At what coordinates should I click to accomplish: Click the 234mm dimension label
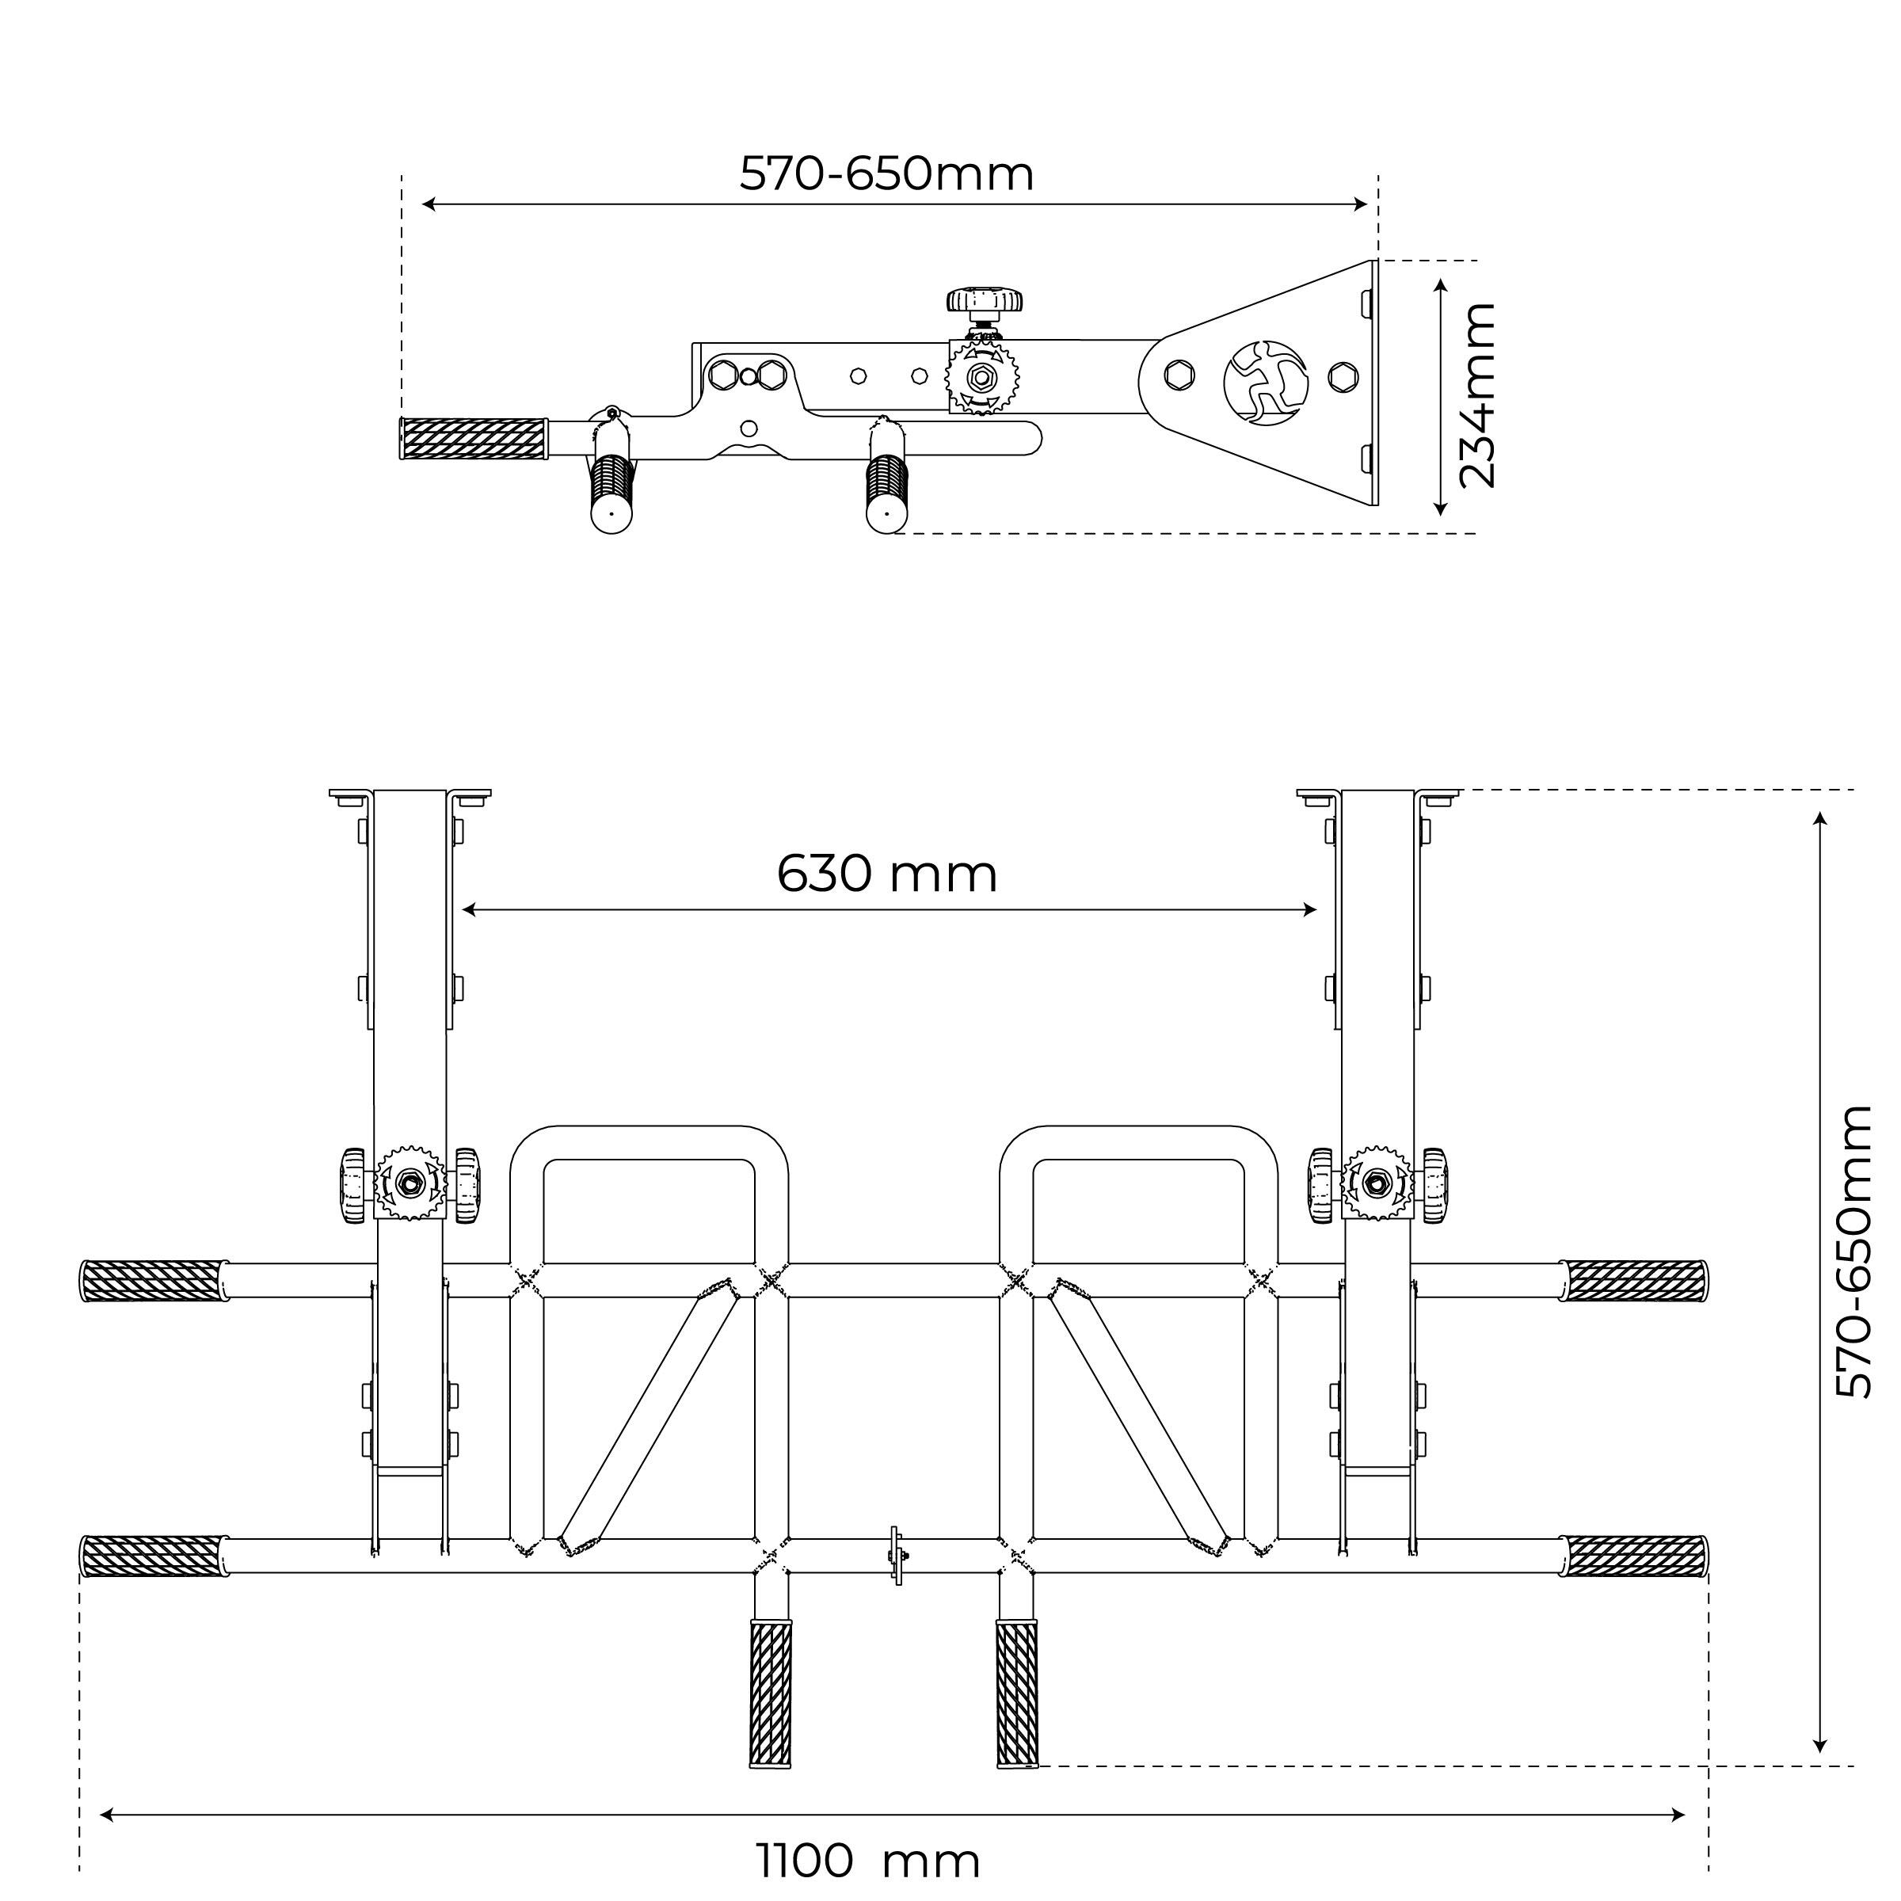pos(1477,395)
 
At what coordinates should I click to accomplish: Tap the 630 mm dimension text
pos(887,874)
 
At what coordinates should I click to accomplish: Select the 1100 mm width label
pos(868,1861)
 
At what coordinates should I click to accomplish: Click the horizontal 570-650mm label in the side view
pos(886,174)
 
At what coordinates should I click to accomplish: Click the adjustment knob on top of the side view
pos(984,301)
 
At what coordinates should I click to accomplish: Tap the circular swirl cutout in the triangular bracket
pos(1266,383)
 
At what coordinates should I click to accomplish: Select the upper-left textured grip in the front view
pos(154,1281)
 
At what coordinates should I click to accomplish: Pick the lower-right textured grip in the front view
pos(1634,1556)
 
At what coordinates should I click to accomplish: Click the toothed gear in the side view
pos(981,378)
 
